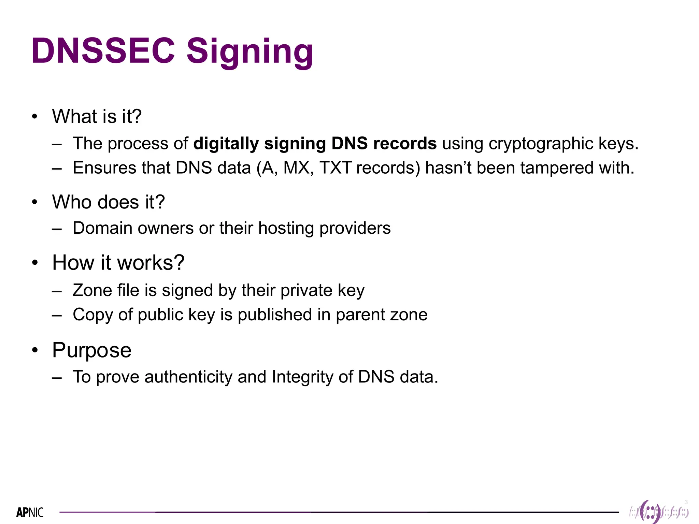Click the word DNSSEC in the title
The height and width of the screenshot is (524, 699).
[x=102, y=51]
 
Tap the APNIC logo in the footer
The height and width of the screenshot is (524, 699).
[x=30, y=512]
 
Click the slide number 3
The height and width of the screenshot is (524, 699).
[x=686, y=502]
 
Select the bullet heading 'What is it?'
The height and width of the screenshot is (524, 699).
[x=97, y=116]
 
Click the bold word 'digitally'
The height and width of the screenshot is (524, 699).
[x=226, y=144]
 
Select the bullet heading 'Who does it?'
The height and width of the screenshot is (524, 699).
[x=108, y=202]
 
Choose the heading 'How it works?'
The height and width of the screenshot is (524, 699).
[x=118, y=263]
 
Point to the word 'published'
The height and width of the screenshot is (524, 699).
[x=275, y=315]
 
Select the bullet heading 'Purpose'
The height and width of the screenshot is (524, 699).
[x=91, y=350]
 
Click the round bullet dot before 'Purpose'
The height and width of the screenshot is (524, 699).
[x=35, y=350]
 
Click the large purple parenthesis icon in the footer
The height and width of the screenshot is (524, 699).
[x=651, y=512]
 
